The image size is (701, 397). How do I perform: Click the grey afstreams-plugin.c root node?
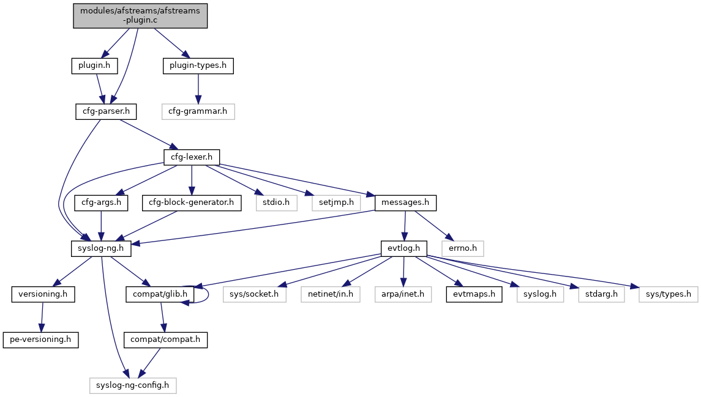141,15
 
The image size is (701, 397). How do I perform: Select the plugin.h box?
90,65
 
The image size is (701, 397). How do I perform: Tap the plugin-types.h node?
198,65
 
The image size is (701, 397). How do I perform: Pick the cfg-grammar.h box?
198,111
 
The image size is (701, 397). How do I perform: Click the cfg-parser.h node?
102,111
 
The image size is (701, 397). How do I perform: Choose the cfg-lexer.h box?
192,157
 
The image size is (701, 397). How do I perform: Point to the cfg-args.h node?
101,202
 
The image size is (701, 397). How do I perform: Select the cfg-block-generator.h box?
192,202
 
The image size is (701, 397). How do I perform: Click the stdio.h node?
277,202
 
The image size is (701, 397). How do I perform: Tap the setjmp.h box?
336,202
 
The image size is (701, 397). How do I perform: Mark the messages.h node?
405,202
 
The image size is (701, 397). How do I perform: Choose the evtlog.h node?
403,248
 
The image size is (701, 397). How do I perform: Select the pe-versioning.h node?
41,339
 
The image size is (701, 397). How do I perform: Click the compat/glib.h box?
160,294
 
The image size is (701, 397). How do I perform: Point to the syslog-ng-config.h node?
133,385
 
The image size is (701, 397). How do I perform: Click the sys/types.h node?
668,294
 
